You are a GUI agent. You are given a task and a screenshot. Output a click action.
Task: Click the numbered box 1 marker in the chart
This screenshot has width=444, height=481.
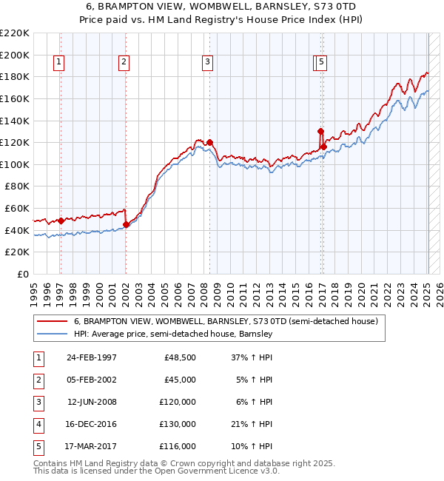click(x=58, y=63)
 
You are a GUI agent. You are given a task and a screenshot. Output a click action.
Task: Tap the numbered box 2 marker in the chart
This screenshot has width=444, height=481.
click(x=124, y=63)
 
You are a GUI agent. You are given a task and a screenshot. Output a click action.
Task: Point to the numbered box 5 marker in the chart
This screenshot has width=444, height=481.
click(x=323, y=63)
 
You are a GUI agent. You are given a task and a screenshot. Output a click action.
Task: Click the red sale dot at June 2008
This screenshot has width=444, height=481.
click(x=210, y=142)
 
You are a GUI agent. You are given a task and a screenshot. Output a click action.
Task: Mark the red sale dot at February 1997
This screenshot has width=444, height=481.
click(x=61, y=221)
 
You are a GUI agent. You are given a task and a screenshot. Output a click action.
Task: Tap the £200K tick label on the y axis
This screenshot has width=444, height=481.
click(x=15, y=55)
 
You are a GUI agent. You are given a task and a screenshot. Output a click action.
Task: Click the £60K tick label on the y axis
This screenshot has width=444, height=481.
click(x=17, y=209)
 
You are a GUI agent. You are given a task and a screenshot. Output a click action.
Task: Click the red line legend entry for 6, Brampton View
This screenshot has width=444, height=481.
click(x=226, y=321)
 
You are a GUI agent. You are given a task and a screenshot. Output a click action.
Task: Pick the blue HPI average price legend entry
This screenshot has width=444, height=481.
click(x=173, y=334)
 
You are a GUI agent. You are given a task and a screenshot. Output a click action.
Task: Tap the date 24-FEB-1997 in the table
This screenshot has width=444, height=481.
click(x=91, y=357)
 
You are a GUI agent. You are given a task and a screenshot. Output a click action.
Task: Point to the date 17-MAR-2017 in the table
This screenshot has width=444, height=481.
click(x=91, y=446)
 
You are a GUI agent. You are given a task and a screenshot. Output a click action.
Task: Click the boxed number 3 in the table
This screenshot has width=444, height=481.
click(x=36, y=402)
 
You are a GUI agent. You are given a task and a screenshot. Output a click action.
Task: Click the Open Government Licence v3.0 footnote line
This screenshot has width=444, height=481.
click(x=157, y=471)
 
